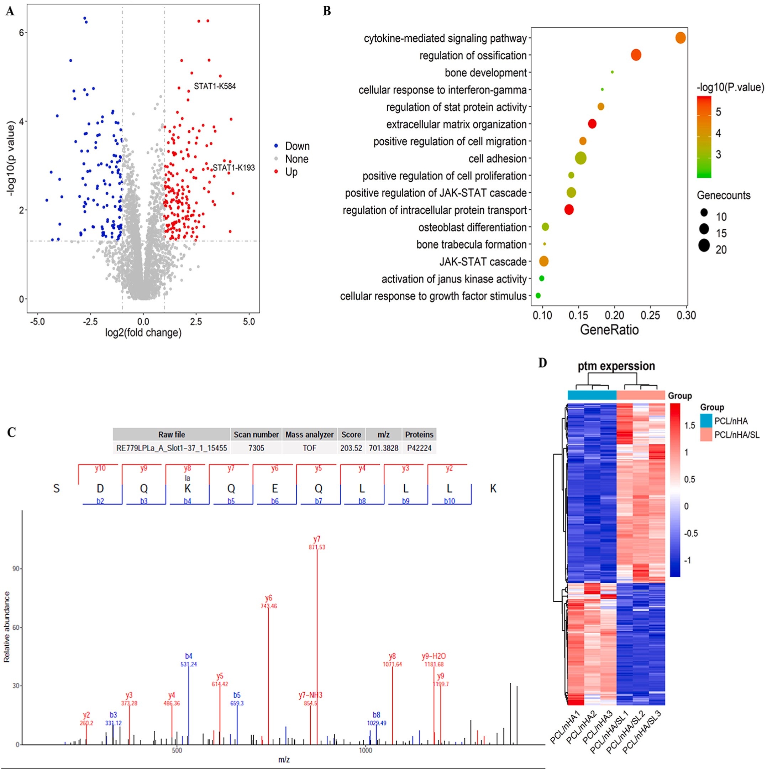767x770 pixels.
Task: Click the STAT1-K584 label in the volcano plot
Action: pyautogui.click(x=215, y=86)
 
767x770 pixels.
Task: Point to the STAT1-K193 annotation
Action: pyautogui.click(x=233, y=168)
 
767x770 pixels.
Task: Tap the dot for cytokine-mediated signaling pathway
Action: pyautogui.click(x=681, y=38)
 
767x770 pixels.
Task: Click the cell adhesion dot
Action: pyautogui.click(x=580, y=158)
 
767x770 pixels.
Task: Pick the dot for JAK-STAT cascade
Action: pyautogui.click(x=543, y=261)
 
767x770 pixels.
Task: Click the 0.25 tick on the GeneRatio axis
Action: pyautogui.click(x=650, y=316)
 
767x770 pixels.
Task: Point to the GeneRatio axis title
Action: pyautogui.click(x=609, y=330)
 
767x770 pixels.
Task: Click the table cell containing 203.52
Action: pyautogui.click(x=351, y=448)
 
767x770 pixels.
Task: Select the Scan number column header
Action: pyautogui.click(x=256, y=435)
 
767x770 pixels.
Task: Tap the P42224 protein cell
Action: pyautogui.click(x=419, y=448)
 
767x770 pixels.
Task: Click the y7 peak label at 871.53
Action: pyautogui.click(x=317, y=543)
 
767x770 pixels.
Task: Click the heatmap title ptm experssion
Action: pyautogui.click(x=616, y=366)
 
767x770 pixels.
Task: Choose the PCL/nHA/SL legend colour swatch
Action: pyautogui.click(x=706, y=435)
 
